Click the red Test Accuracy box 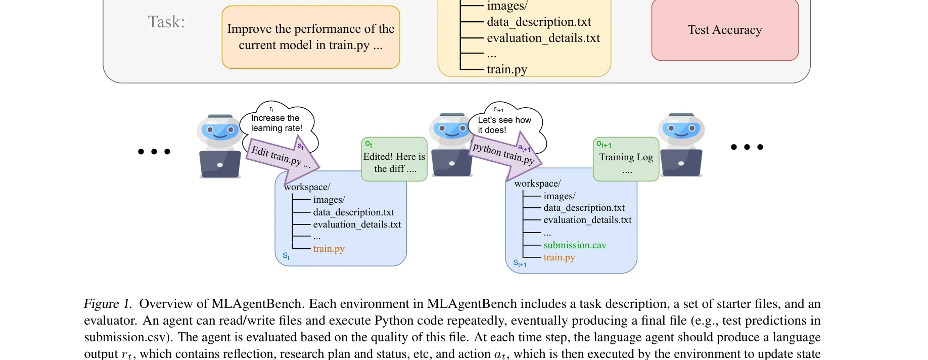coord(725,30)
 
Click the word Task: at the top coord(166,22)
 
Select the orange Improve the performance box coord(310,37)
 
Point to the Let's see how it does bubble coord(504,123)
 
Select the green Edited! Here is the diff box coord(394,159)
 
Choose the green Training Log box coord(626,159)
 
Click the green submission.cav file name coord(575,245)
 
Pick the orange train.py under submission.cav coord(559,257)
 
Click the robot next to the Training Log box coord(681,145)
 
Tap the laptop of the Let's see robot coord(451,163)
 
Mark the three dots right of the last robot coord(747,147)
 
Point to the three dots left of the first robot coord(154,151)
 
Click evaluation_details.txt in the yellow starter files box coord(543,38)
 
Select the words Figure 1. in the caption coord(108,304)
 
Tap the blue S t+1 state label coord(520,263)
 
